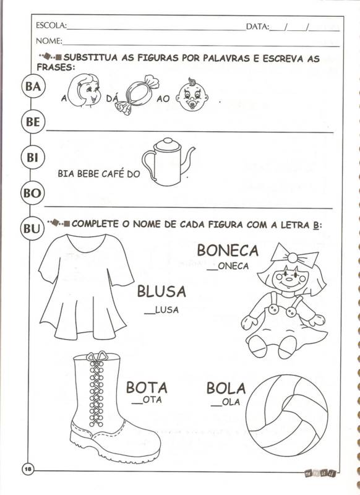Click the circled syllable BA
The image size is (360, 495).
click(x=33, y=86)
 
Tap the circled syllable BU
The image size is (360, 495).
click(x=32, y=228)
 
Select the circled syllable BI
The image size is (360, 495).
click(x=32, y=157)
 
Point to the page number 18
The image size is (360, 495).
click(x=28, y=469)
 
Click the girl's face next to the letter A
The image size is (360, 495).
click(x=84, y=90)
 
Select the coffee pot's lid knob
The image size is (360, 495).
click(x=168, y=140)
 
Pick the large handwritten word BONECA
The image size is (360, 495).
click(x=228, y=251)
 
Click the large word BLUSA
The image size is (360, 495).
click(x=161, y=291)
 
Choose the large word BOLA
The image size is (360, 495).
click(x=226, y=389)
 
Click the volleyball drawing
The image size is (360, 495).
click(x=287, y=416)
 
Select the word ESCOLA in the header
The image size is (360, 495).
click(x=51, y=25)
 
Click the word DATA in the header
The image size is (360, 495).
click(x=257, y=27)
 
